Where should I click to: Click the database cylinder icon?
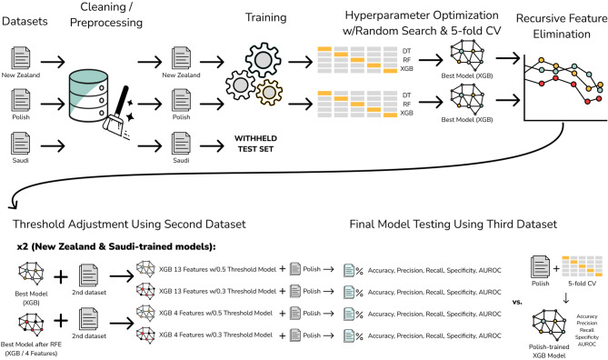point(88,95)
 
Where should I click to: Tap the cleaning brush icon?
point(116,111)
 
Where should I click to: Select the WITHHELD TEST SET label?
point(255,144)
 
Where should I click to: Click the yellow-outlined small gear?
point(269,93)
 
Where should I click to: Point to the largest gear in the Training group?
point(263,60)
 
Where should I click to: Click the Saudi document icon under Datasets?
point(21,143)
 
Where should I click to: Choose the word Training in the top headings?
point(265,17)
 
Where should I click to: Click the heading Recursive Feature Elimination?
point(562,26)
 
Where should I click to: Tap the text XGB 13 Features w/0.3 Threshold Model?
point(217,291)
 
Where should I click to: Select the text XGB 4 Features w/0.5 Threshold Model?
point(215,313)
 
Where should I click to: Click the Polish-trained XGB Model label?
point(549,351)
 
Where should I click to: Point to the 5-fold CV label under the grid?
point(582,284)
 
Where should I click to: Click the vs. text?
point(517,302)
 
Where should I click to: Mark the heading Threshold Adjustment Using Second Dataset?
point(129,225)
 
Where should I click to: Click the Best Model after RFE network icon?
point(31,325)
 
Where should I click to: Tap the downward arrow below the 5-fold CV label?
point(565,298)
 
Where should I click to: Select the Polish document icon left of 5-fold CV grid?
point(540,266)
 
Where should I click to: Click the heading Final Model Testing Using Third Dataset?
point(453,225)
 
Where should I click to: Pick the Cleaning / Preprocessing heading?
point(105,15)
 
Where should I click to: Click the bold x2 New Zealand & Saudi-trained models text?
point(116,246)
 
